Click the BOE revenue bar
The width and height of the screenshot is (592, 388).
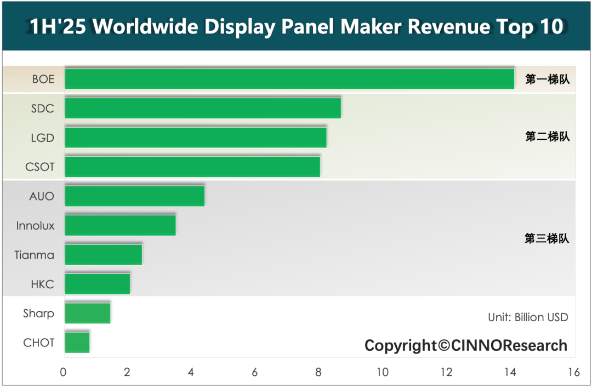point(289,79)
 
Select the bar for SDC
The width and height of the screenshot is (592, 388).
point(203,108)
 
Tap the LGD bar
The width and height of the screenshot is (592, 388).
point(196,137)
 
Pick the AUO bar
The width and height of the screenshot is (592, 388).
point(135,196)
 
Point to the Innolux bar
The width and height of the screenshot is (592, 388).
point(121,225)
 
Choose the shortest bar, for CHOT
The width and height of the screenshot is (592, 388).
point(77,343)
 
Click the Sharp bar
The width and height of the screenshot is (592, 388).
point(88,313)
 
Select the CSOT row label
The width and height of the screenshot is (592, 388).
point(40,167)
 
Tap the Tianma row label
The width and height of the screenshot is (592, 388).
point(35,255)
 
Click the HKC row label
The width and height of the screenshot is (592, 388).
point(42,284)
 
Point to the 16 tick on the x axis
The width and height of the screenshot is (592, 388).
point(574,373)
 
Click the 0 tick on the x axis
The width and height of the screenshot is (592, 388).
point(64,373)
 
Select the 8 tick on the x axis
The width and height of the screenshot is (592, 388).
point(318,373)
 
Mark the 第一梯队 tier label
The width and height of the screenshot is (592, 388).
point(547,79)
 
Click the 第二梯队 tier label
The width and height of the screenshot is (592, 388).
point(547,137)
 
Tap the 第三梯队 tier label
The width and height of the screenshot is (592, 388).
point(547,239)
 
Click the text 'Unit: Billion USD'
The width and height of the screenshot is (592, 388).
point(528,317)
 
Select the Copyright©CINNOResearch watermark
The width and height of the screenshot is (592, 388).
point(466,345)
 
